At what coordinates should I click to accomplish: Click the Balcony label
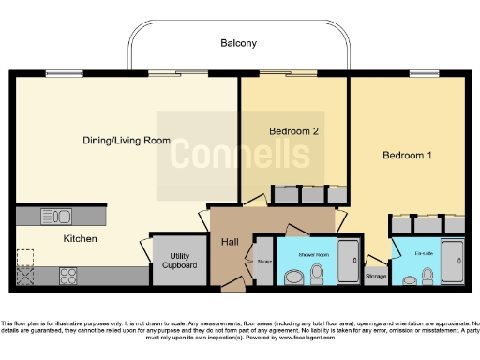[x=238, y=44]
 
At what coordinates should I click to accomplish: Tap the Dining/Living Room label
[x=127, y=141]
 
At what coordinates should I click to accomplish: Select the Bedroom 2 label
[x=294, y=131]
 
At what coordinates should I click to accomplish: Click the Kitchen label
[x=80, y=239]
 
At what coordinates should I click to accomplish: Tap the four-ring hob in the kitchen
[x=68, y=276]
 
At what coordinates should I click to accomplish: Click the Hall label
[x=230, y=243]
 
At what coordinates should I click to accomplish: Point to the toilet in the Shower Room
[x=317, y=272]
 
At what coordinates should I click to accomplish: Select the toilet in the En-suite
[x=427, y=275]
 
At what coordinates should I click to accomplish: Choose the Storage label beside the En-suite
[x=376, y=277]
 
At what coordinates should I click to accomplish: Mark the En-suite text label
[x=411, y=254]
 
